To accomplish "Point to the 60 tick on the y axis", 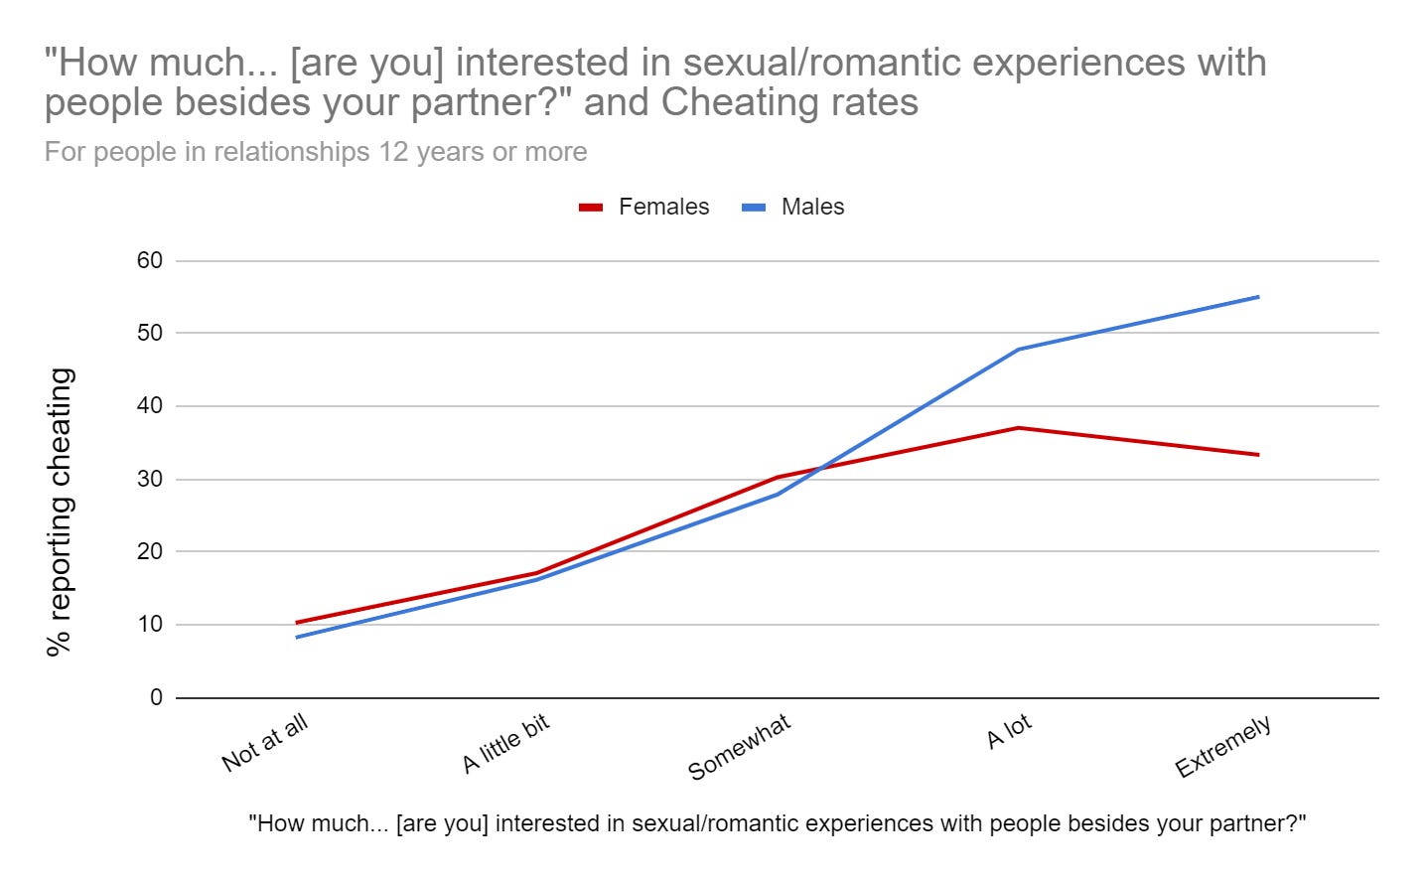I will (150, 260).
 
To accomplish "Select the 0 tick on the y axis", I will (156, 697).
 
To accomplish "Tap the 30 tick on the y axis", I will (150, 479).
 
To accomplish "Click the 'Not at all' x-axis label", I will (265, 743).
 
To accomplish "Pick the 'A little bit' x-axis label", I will (505, 744).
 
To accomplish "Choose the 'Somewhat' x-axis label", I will (740, 747).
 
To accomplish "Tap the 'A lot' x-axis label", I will (1009, 732).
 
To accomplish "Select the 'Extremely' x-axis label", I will (1223, 748).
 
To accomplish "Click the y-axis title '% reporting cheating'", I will (61, 512).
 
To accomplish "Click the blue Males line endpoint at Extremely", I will (1258, 297).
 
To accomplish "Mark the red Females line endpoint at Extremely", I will (1258, 455).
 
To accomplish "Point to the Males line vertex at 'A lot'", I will (1018, 350).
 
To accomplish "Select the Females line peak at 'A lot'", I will (1018, 428).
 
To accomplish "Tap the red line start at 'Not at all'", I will (297, 623).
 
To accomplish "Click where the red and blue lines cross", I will (819, 468).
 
